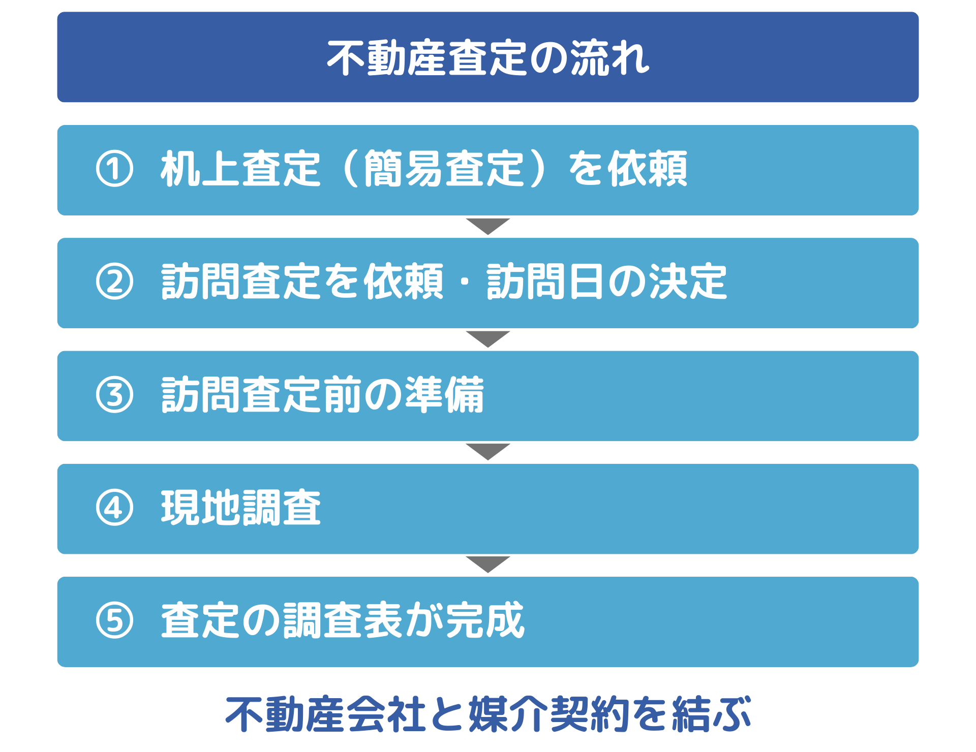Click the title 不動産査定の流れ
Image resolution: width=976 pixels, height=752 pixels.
pyautogui.click(x=488, y=58)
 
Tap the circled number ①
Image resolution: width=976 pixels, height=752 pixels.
pyautogui.click(x=114, y=169)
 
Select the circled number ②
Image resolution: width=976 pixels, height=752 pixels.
pyautogui.click(x=114, y=282)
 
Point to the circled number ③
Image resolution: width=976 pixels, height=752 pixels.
pyautogui.click(x=114, y=395)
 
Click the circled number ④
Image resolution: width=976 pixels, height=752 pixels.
pyautogui.click(x=114, y=508)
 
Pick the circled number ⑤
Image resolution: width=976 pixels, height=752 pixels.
pyautogui.click(x=114, y=620)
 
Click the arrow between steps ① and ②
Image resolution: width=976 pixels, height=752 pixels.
pyautogui.click(x=488, y=226)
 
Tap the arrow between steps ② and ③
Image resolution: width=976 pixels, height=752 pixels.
pyautogui.click(x=488, y=339)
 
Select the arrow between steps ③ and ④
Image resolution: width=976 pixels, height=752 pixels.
pyautogui.click(x=488, y=452)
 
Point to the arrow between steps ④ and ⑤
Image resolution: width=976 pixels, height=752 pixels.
pyautogui.click(x=488, y=565)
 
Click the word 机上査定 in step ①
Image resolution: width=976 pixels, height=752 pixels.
pyautogui.click(x=241, y=169)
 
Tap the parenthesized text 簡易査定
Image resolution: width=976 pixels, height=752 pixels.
pyautogui.click(x=444, y=169)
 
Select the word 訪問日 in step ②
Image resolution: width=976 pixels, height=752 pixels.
pyautogui.click(x=546, y=281)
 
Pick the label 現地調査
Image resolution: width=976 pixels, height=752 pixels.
pyautogui.click(x=241, y=508)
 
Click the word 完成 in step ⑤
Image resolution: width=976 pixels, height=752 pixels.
pyautogui.click(x=484, y=620)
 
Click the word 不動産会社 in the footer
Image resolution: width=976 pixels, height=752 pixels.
pyautogui.click(x=326, y=714)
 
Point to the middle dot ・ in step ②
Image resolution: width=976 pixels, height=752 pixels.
pyautogui.click(x=465, y=282)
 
